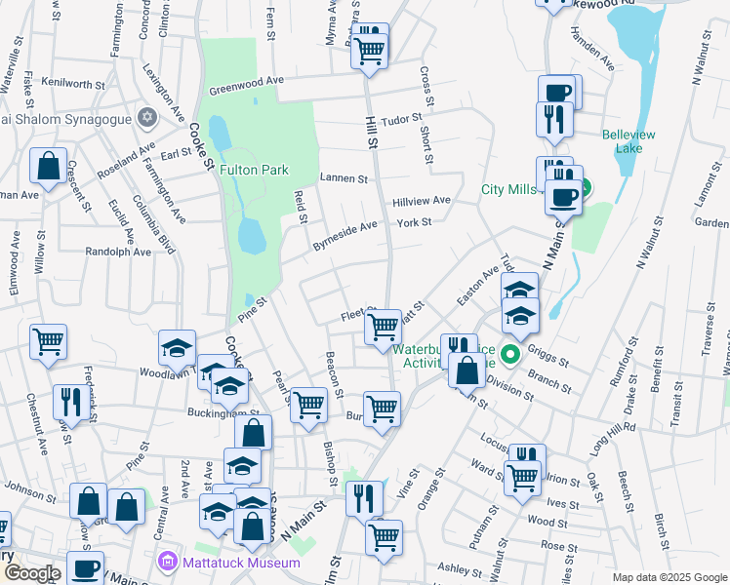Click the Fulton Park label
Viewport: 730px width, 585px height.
[x=254, y=170]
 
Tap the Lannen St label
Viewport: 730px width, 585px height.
[x=344, y=178]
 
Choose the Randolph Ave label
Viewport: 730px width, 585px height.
[x=118, y=251]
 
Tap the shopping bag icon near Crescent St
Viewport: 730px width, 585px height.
[x=48, y=167]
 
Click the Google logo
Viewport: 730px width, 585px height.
[x=31, y=573]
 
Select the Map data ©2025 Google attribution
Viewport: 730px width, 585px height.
[x=669, y=577]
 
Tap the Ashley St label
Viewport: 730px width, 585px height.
[x=454, y=567]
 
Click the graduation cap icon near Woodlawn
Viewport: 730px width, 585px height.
[x=179, y=347]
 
